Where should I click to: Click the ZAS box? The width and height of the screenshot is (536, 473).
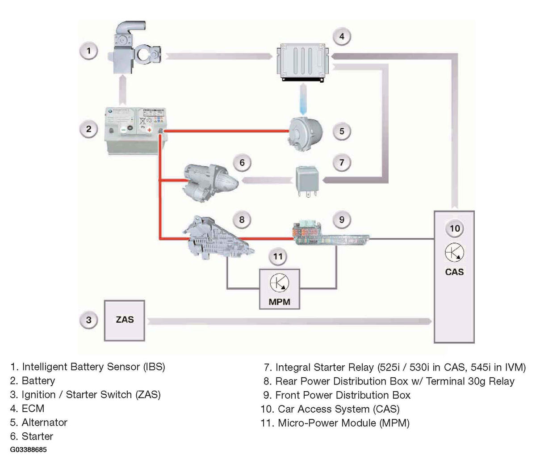pos(124,321)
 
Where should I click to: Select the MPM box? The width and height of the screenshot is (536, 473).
pos(279,289)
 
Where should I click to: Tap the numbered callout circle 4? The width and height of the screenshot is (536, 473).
pos(342,36)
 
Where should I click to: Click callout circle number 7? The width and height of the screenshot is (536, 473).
pos(342,162)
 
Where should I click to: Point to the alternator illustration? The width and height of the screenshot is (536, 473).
pos(306,134)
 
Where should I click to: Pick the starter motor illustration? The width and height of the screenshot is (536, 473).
pos(210,182)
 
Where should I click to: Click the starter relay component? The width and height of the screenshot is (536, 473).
pos(307,181)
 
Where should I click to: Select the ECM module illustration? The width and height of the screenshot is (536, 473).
pos(303,63)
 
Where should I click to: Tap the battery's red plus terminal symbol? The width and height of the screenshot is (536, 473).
pos(150,130)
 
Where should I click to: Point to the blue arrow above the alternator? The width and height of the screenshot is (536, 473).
pos(303,99)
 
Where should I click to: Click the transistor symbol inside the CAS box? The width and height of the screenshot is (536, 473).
pos(454,252)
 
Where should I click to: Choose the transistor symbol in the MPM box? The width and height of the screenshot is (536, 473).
pos(279,283)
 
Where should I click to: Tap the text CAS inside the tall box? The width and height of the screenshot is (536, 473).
pos(454,272)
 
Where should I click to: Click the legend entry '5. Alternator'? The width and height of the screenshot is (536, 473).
pos(38,422)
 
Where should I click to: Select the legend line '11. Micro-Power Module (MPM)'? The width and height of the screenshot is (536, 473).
pos(335,423)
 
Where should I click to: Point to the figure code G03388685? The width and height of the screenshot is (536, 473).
pos(28,450)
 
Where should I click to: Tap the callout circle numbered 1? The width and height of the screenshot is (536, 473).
pos(88,51)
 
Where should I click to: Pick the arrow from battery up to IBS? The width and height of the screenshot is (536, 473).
pos(122,90)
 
